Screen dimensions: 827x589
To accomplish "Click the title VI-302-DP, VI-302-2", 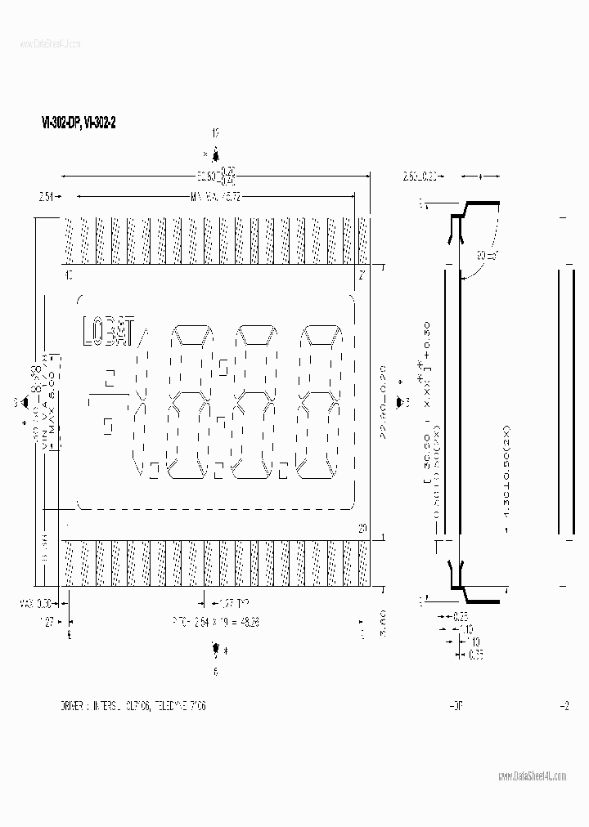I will tap(74, 122).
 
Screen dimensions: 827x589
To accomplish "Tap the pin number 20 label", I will tap(362, 529).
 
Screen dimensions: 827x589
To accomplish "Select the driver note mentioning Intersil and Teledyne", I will tap(133, 705).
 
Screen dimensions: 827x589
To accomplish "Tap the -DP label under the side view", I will tap(456, 705).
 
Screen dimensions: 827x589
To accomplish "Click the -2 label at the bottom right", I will tap(563, 705).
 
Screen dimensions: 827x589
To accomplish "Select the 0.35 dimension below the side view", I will tap(475, 654).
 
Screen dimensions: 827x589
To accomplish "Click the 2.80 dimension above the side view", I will tap(420, 175).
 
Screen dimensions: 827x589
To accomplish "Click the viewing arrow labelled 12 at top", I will tap(215, 154).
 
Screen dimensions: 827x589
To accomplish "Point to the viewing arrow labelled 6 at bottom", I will tap(215, 650).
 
